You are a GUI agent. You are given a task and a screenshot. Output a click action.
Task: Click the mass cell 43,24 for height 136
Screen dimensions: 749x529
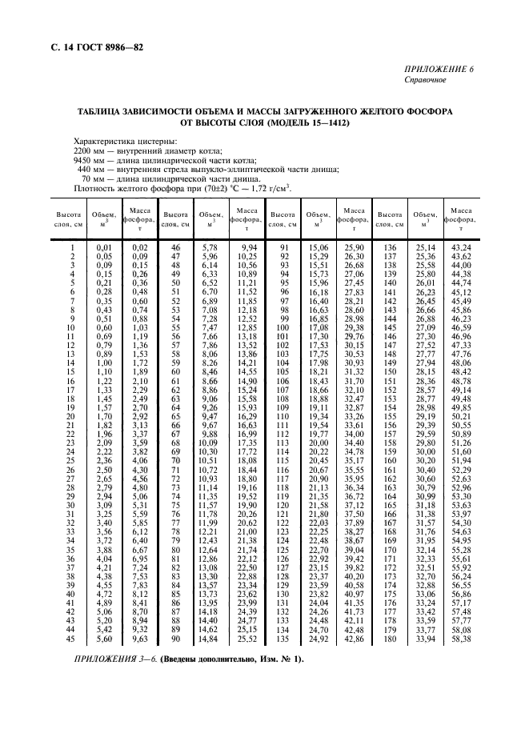click(461, 249)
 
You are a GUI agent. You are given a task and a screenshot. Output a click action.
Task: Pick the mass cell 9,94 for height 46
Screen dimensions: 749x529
click(247, 249)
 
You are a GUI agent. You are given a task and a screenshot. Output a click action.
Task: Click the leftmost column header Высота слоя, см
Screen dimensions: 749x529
click(67, 219)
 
